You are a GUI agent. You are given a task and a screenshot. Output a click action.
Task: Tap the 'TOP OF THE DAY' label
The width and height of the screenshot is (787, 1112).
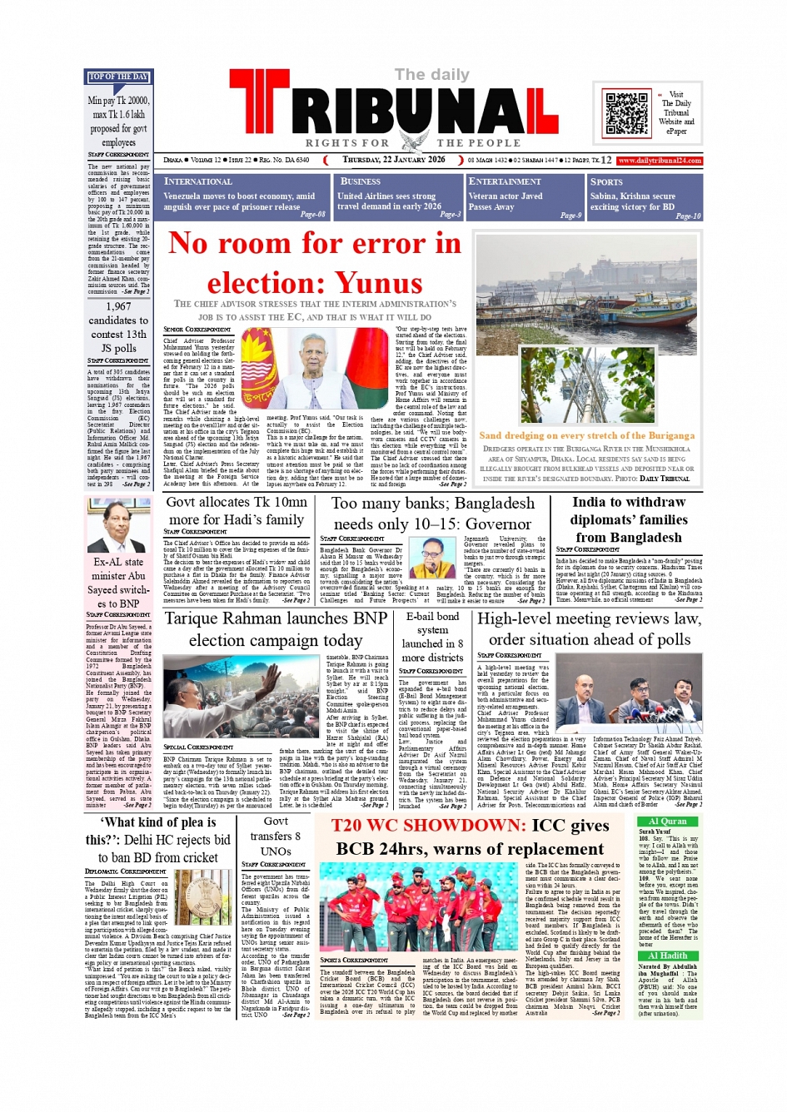[x=118, y=77]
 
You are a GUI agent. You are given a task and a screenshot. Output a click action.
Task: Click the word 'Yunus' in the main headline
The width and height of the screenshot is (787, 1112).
[x=379, y=284]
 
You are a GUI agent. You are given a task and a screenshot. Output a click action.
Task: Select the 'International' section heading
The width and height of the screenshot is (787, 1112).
[x=198, y=181]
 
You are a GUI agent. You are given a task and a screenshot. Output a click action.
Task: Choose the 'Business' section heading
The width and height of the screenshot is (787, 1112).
[x=361, y=181]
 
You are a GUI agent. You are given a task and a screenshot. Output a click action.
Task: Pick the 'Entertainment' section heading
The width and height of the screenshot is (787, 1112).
[x=505, y=181]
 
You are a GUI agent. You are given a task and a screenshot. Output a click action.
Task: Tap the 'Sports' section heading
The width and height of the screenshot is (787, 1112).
[x=606, y=181]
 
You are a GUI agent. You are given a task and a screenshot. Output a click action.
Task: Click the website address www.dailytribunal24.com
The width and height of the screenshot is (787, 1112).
[x=660, y=161]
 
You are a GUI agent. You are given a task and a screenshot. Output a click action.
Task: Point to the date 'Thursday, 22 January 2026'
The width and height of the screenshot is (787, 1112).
[x=394, y=160]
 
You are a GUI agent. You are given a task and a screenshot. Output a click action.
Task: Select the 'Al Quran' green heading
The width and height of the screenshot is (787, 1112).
[x=667, y=822]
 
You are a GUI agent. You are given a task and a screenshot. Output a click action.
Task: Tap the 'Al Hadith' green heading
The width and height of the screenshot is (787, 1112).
[x=667, y=956]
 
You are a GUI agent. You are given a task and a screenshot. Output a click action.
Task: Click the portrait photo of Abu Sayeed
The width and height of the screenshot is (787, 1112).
[x=118, y=523]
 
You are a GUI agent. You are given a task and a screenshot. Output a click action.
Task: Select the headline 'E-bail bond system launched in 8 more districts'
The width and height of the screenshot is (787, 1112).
[x=432, y=637]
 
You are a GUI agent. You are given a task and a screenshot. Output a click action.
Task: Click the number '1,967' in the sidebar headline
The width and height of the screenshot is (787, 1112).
[x=118, y=306]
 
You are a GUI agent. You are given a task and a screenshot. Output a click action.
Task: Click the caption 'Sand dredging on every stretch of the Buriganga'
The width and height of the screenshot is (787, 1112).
[x=586, y=435]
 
